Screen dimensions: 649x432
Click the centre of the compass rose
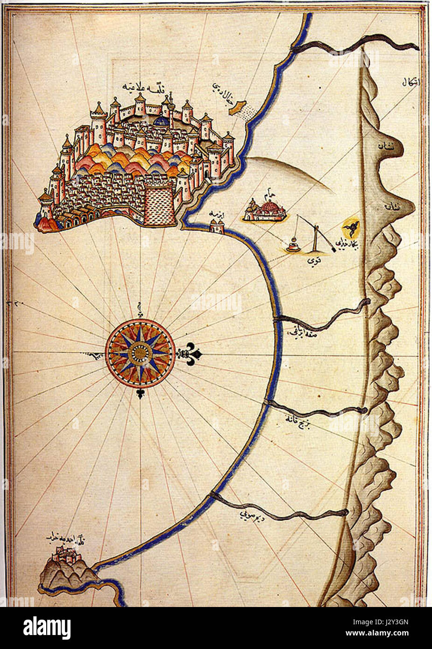pyautogui.click(x=140, y=353)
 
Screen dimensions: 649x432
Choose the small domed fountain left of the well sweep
pyautogui.click(x=293, y=245)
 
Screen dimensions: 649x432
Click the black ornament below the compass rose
pyautogui.click(x=140, y=393)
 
